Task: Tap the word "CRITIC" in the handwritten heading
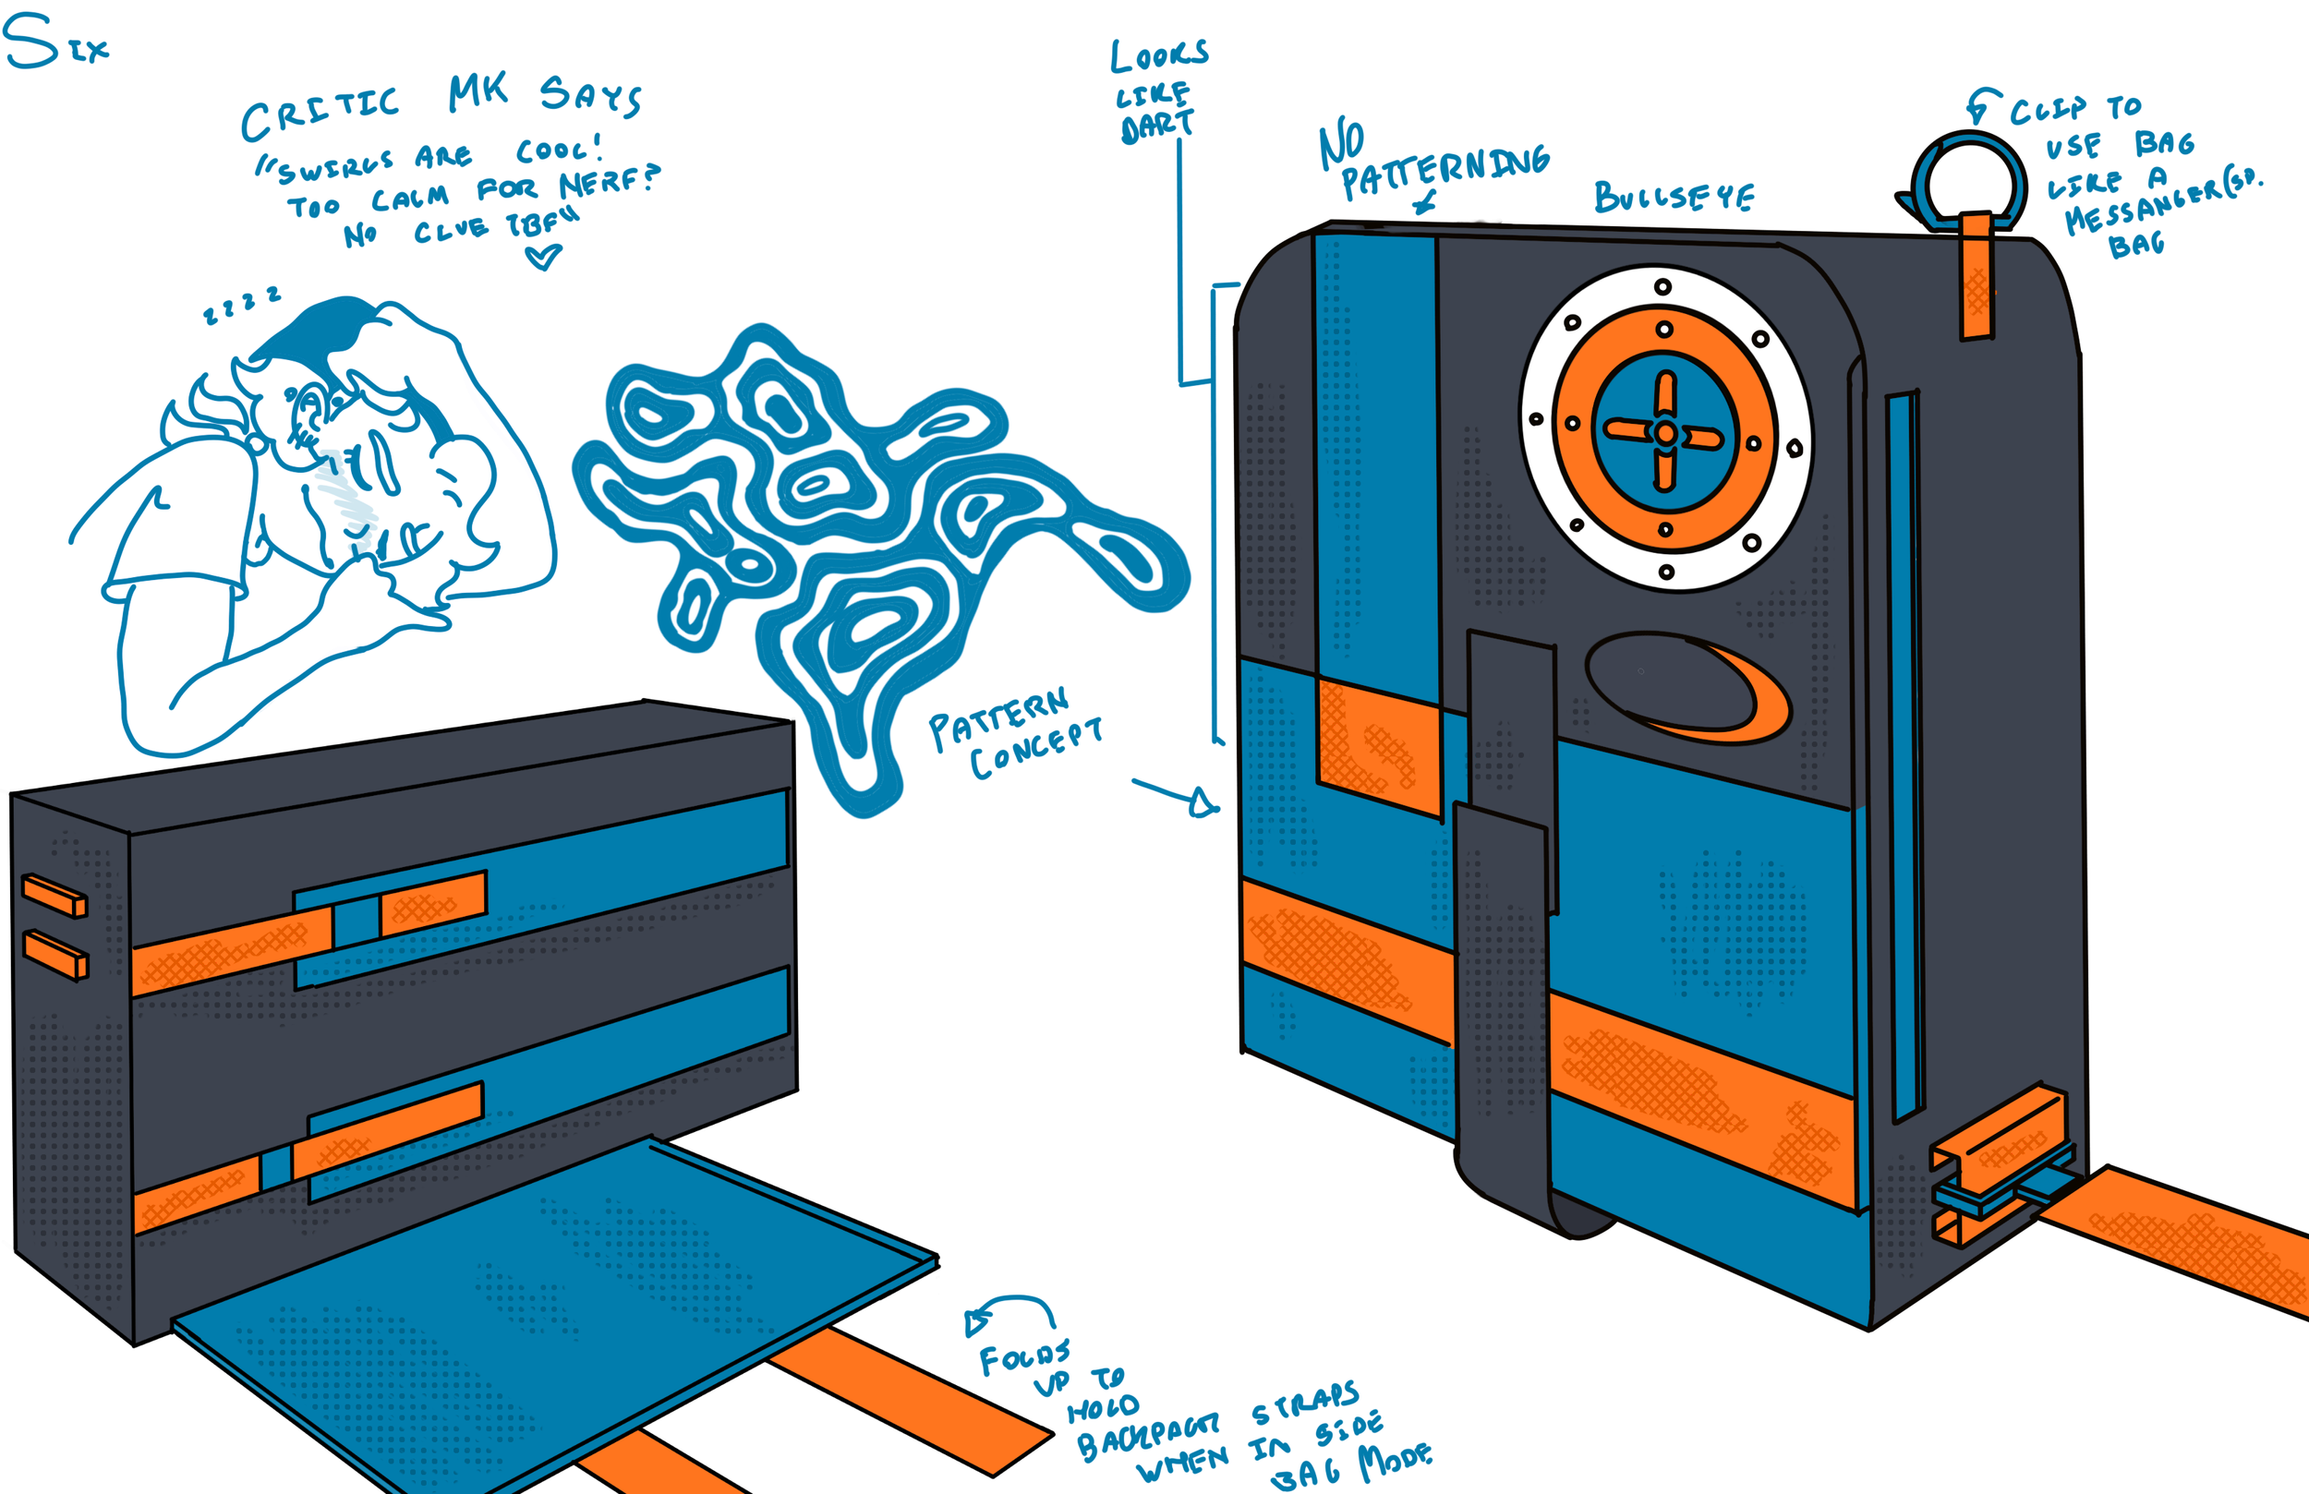tap(320, 113)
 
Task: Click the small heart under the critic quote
tap(542, 257)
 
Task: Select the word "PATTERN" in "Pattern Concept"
tap(998, 717)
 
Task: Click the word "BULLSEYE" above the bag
tap(1674, 197)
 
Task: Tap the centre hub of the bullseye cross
tap(1665, 433)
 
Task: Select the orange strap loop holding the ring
tap(1976, 276)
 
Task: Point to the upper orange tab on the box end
tap(54, 896)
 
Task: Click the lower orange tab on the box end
tap(54, 954)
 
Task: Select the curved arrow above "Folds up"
tap(1009, 1309)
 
